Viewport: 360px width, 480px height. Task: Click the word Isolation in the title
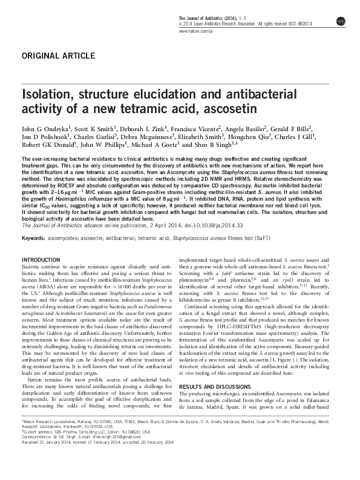(49, 95)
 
